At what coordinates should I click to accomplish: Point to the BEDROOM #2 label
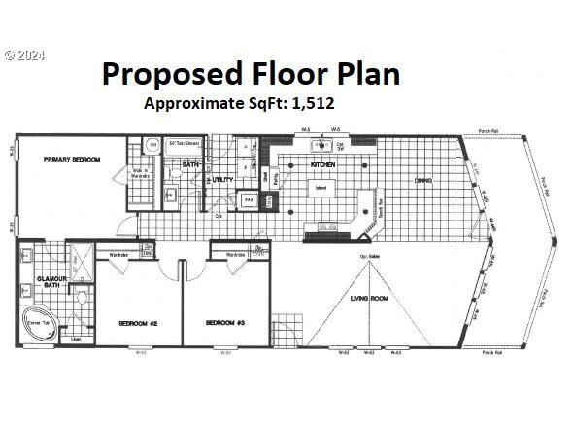pyautogui.click(x=138, y=323)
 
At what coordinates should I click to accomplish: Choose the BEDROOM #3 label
pyautogui.click(x=226, y=323)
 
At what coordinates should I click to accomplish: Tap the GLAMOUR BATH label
pyautogui.click(x=51, y=281)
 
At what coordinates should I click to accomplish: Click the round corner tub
pyautogui.click(x=40, y=325)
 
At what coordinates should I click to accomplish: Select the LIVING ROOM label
pyautogui.click(x=369, y=299)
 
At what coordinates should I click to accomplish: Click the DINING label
pyautogui.click(x=422, y=180)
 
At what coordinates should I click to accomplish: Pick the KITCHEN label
pyautogui.click(x=322, y=165)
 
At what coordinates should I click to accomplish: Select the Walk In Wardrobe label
pyautogui.click(x=139, y=177)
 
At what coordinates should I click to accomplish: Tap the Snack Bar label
pyautogui.click(x=381, y=206)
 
